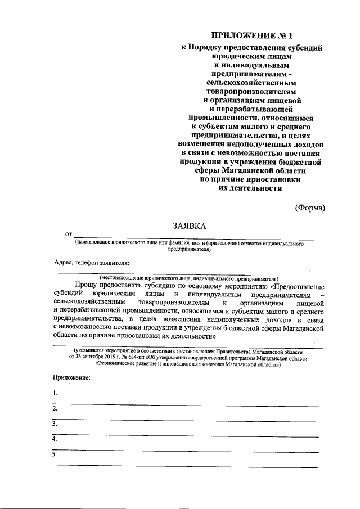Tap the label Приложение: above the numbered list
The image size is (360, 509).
tap(71, 377)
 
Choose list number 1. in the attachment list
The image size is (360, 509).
tap(55, 393)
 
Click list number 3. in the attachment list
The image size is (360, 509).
tap(55, 423)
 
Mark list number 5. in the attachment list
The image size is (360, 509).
tap(55, 453)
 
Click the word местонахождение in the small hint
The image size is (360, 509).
tap(124, 277)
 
